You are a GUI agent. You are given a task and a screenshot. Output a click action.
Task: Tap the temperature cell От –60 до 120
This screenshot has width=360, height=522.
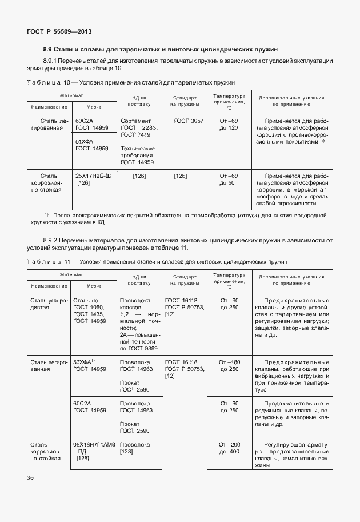coord(228,125)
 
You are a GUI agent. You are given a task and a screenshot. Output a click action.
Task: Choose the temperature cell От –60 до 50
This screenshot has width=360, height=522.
coord(228,179)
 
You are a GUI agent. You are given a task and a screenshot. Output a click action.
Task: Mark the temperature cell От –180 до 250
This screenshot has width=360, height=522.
coord(228,365)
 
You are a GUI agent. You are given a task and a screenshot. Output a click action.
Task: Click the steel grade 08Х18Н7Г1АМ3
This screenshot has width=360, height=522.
coord(94,444)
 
